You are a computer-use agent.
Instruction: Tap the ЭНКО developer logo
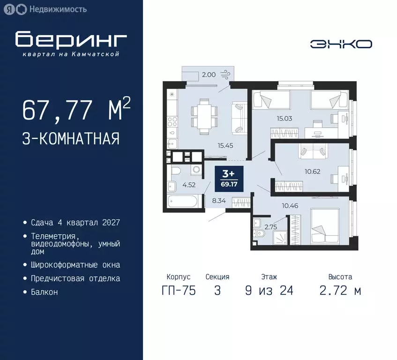tap(341, 44)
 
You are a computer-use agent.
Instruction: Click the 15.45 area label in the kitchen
tap(225, 145)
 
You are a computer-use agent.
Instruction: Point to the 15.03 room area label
tap(284, 119)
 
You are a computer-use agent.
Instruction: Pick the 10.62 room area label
tap(313, 171)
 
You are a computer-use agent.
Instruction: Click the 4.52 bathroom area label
tap(188, 185)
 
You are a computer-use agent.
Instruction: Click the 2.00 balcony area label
tap(209, 74)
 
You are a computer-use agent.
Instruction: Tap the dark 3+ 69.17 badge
tap(228, 177)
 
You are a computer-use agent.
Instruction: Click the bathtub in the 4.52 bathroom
tap(185, 202)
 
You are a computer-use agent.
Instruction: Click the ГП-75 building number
tap(179, 291)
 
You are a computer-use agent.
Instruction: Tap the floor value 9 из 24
tap(269, 291)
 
